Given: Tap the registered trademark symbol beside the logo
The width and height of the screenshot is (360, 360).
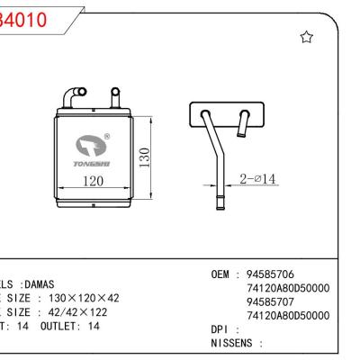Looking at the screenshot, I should [107, 137].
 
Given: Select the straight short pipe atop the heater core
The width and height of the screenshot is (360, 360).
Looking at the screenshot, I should [114, 96].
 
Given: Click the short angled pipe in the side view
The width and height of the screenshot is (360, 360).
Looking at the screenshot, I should [242, 124].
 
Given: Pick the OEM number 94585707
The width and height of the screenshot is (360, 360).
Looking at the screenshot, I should [275, 301].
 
